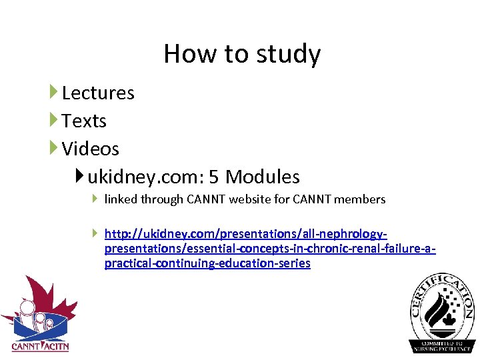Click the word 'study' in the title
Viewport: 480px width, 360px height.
point(292,54)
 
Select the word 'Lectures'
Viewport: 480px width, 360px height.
point(98,93)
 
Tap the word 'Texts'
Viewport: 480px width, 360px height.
point(84,121)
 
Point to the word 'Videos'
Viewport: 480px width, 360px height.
point(90,149)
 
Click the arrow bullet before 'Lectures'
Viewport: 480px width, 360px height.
point(53,92)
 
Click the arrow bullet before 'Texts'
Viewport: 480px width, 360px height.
point(53,120)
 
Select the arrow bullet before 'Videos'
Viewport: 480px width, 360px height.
point(53,148)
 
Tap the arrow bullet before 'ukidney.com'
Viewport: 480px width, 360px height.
point(80,176)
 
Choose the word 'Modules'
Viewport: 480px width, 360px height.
point(263,177)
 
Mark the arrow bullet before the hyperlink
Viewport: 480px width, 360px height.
point(95,233)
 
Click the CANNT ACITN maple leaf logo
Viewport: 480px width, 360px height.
point(39,313)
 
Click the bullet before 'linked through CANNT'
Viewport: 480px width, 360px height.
point(95,198)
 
